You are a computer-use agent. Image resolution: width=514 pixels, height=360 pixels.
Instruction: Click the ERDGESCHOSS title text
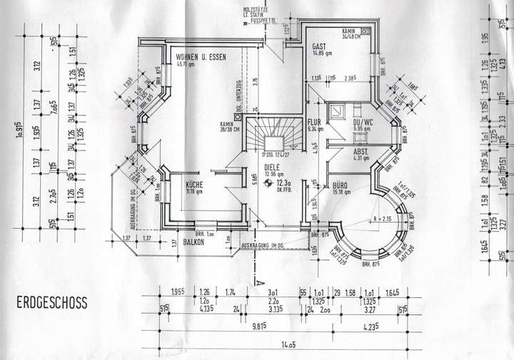click(51, 304)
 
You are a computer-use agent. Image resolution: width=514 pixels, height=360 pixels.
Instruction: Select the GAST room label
click(319, 47)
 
